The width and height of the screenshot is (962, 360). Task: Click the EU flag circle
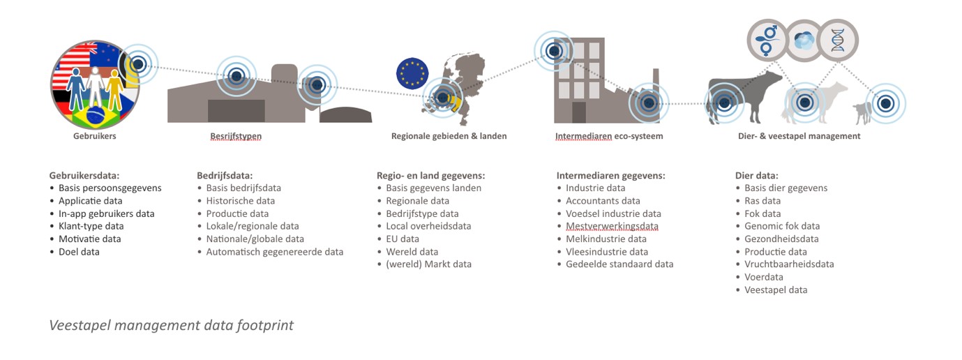pyautogui.click(x=412, y=73)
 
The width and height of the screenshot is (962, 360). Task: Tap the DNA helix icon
pyautogui.click(x=837, y=40)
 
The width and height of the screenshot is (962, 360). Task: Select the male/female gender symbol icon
pyautogui.click(x=768, y=40)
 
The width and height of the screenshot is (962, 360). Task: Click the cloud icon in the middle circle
pyautogui.click(x=804, y=41)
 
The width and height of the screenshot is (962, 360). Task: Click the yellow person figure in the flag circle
pyautogui.click(x=114, y=89)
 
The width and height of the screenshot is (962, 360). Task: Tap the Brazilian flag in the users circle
pyautogui.click(x=95, y=115)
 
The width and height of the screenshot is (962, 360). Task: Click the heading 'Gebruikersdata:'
pyautogui.click(x=84, y=175)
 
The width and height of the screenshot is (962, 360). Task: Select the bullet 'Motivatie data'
pyautogui.click(x=90, y=239)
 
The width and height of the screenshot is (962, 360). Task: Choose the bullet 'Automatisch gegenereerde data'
pyautogui.click(x=275, y=252)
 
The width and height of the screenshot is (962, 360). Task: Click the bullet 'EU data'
pyautogui.click(x=403, y=239)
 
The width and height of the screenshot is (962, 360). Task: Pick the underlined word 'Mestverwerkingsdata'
pyautogui.click(x=612, y=227)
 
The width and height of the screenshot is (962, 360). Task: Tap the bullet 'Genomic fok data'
pyautogui.click(x=782, y=226)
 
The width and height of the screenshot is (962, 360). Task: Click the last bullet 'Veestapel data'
pyautogui.click(x=776, y=290)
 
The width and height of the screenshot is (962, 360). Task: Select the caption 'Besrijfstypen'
pyautogui.click(x=236, y=136)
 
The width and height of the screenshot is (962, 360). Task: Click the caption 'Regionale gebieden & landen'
pyautogui.click(x=449, y=136)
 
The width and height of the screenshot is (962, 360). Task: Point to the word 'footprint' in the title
pyautogui.click(x=265, y=325)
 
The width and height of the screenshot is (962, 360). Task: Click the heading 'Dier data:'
pyautogui.click(x=757, y=175)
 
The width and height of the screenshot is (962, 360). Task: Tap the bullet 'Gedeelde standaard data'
pyautogui.click(x=619, y=264)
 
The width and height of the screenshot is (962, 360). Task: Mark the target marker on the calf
pyautogui.click(x=885, y=103)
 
